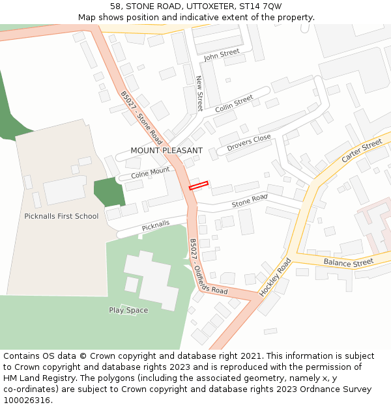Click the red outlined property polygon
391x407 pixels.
tap(198, 186)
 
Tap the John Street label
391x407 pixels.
tap(222, 55)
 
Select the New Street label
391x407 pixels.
tap(199, 93)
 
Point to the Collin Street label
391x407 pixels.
tap(234, 103)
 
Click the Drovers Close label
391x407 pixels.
tap(249, 143)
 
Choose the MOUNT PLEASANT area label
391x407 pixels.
tap(166, 150)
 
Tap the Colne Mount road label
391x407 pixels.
tap(150, 173)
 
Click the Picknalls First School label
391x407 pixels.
tap(61, 216)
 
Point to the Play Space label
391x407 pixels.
tap(128, 310)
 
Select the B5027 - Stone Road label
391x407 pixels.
tap(141, 118)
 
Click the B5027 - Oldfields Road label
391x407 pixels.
tap(208, 267)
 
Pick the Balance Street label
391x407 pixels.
tap(349, 262)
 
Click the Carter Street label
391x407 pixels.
tap(362, 151)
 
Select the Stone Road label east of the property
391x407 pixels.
tap(250, 201)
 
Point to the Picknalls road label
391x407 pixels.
tap(156, 225)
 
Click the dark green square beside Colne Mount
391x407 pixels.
tap(108, 191)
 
